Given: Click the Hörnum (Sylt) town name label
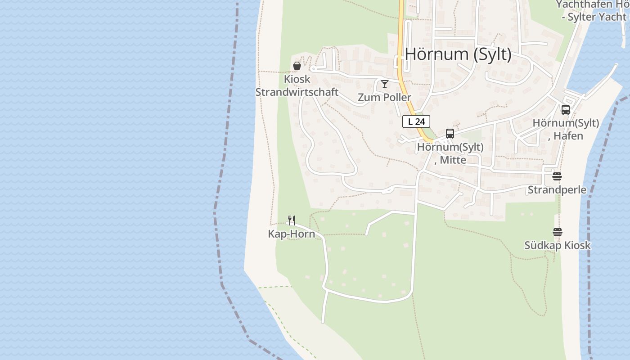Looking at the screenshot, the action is point(458,54).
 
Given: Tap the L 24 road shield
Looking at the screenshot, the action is point(416,121).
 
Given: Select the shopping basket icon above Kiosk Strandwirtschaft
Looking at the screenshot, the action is point(297,66).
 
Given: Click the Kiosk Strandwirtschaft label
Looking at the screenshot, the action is point(297,85).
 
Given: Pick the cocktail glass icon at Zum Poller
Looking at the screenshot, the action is point(384,84).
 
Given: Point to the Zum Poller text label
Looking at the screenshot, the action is point(384,97).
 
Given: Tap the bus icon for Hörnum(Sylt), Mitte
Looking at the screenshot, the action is point(450,133).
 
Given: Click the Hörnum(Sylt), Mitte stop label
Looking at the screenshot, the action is point(450,153).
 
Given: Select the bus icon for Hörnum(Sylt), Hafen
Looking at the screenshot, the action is point(566,109).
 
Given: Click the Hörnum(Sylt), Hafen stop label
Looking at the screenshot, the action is point(566,129).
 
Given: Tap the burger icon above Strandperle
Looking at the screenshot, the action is point(557,176).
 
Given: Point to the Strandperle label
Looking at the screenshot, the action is point(557,189).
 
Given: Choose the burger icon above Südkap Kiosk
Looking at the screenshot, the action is point(557,232).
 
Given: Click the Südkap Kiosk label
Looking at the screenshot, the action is point(557,245).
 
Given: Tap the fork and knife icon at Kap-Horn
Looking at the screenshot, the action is point(292,220).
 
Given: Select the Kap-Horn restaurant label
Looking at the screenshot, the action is point(292,234).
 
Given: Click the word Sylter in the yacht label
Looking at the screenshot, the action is point(584,17).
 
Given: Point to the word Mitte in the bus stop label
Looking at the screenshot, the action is point(453,159).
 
